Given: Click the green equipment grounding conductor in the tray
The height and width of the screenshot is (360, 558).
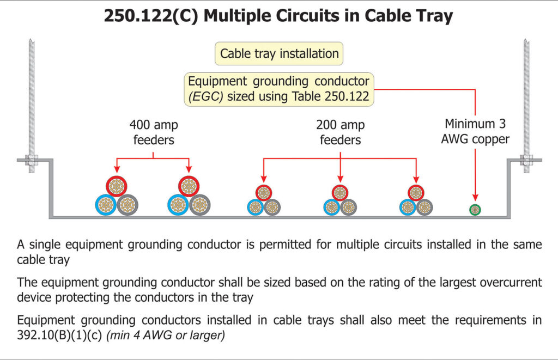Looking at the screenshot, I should coord(475,210).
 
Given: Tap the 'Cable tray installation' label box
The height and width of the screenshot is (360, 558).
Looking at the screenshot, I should coord(279,53).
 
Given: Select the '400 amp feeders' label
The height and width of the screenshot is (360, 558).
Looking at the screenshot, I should coord(153,132).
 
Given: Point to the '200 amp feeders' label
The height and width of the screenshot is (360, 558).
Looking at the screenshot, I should coord(340,132).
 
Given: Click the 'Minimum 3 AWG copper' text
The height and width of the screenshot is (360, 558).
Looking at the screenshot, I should coord(476,131).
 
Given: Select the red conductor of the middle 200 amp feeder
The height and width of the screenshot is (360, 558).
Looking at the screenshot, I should coord(340,193).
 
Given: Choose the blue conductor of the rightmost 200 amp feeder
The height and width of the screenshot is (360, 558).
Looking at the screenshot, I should coord(408,207).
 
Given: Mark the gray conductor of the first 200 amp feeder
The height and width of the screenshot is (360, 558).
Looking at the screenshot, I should coord(272,207).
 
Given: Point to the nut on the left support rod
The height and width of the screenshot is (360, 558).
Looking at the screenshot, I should coord(32,160).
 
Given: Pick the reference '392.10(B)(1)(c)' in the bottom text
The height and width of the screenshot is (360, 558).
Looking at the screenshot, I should coord(59,335).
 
